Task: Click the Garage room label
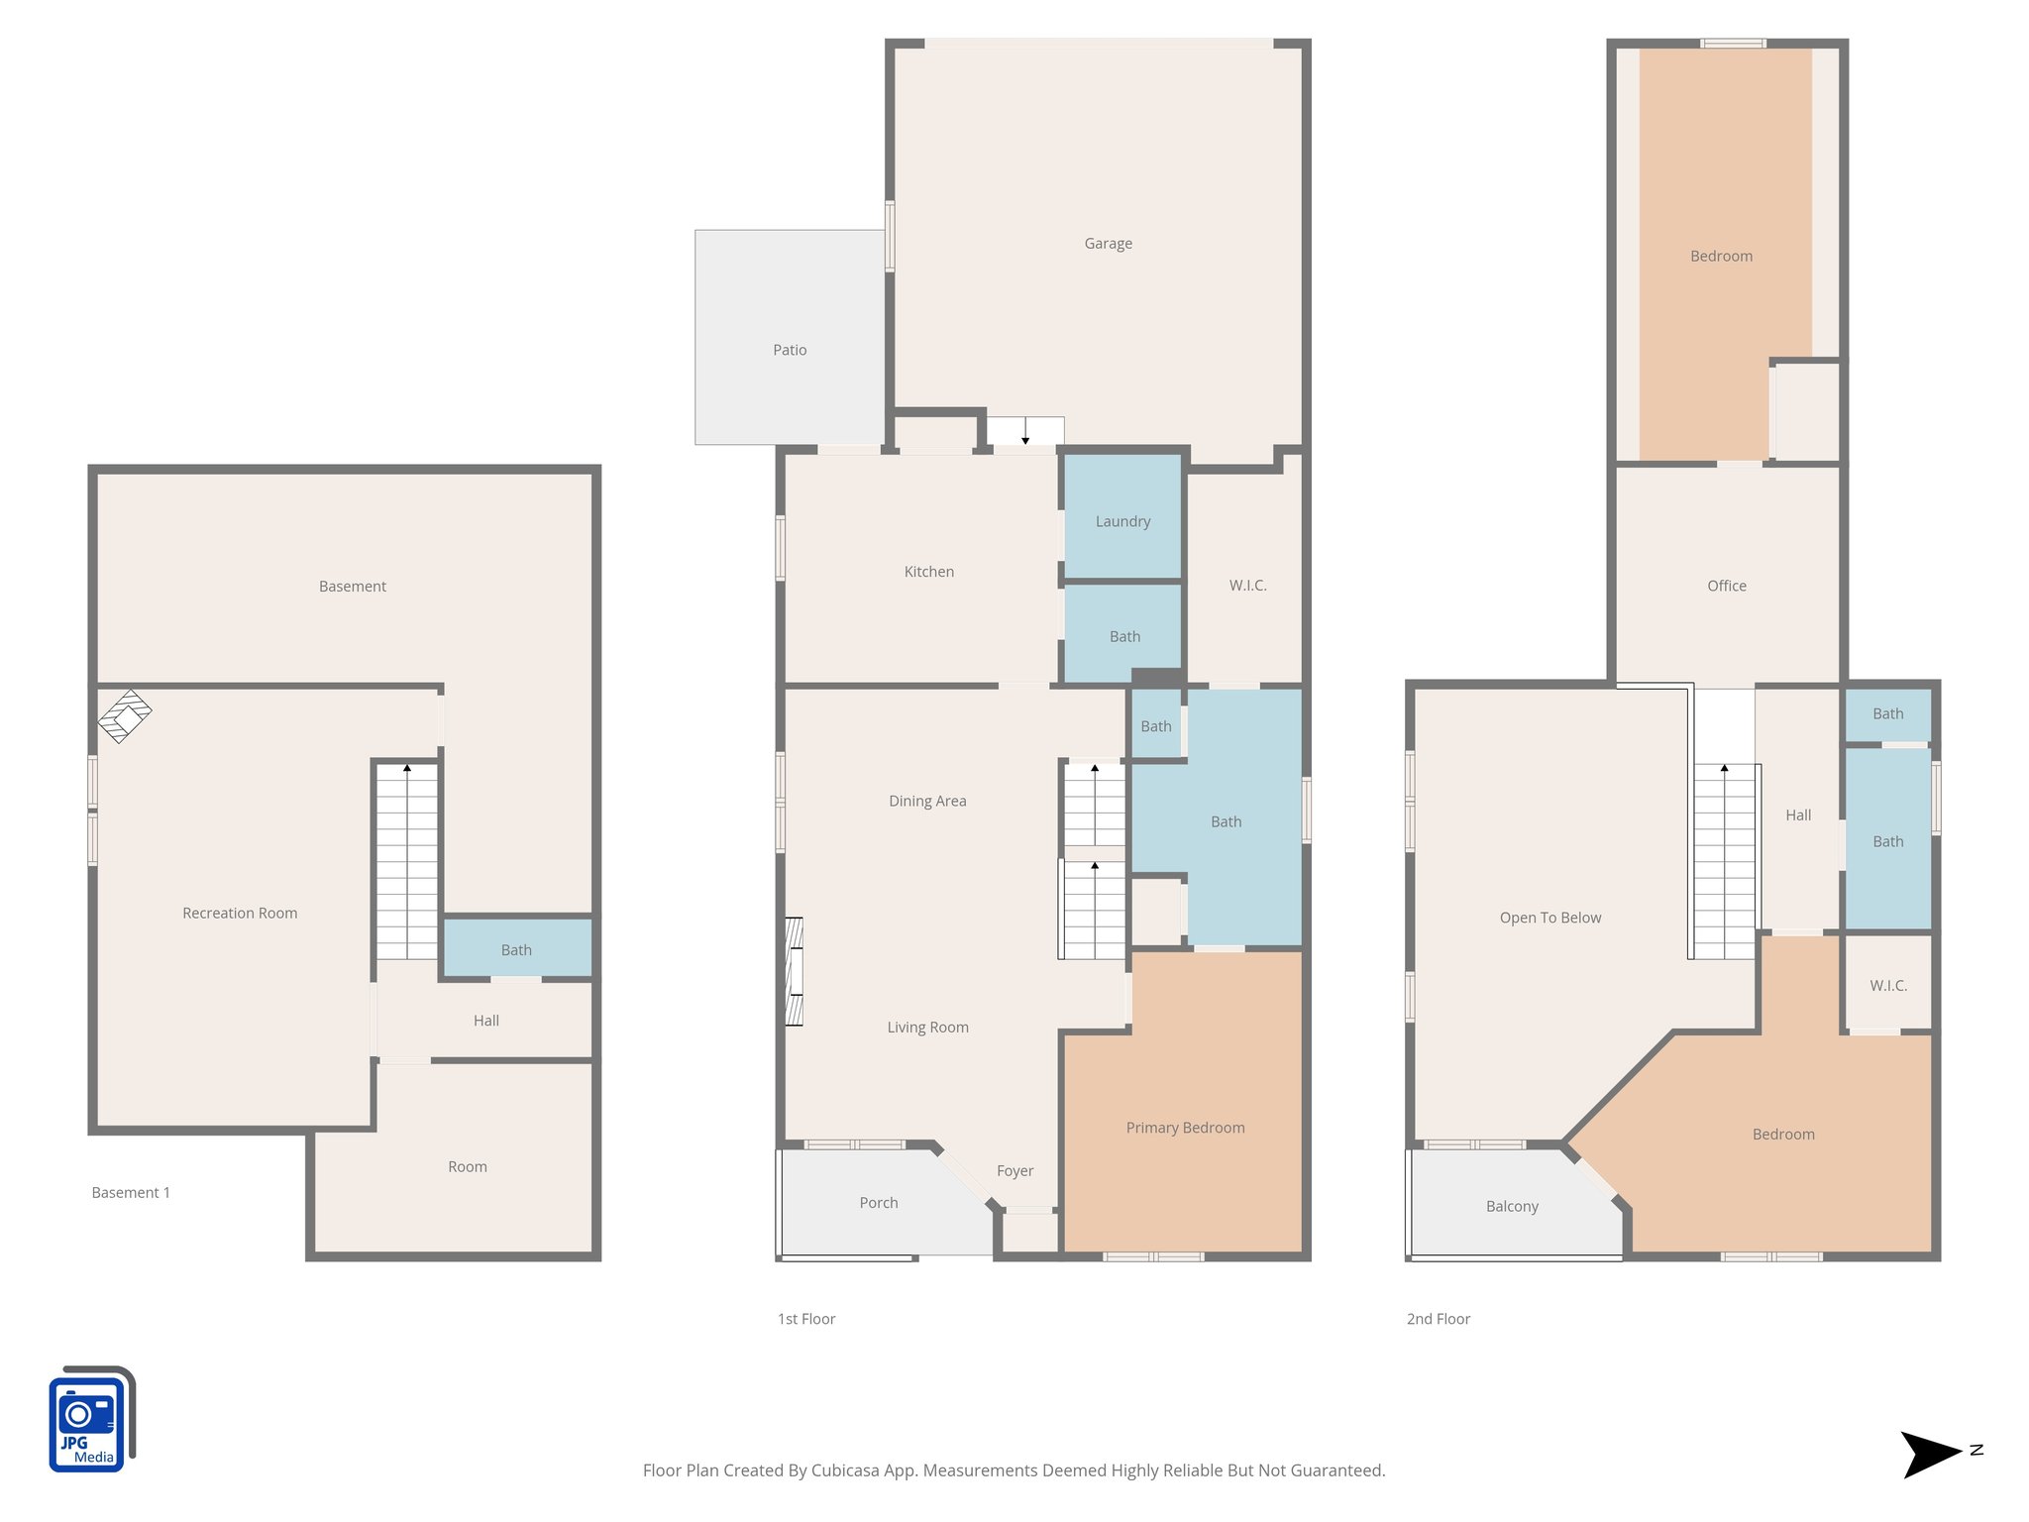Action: (x=1108, y=244)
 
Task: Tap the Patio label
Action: (x=790, y=350)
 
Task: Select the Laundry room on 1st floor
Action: (x=1122, y=521)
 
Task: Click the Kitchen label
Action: (x=928, y=572)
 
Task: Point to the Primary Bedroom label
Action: (x=1185, y=1128)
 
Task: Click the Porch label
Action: (x=878, y=1203)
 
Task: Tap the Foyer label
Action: (x=1014, y=1171)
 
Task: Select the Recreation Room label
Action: (x=240, y=914)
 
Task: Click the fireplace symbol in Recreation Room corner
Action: (x=125, y=715)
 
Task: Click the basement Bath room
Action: (x=516, y=949)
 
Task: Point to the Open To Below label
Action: (x=1549, y=918)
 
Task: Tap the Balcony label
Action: (x=1512, y=1207)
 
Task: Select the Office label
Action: (x=1726, y=586)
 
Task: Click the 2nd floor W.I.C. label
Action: (x=1887, y=986)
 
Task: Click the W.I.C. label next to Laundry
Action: (x=1247, y=586)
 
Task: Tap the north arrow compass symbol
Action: (x=1932, y=1455)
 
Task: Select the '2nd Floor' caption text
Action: (x=1438, y=1319)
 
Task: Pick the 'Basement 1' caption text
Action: (x=131, y=1193)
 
